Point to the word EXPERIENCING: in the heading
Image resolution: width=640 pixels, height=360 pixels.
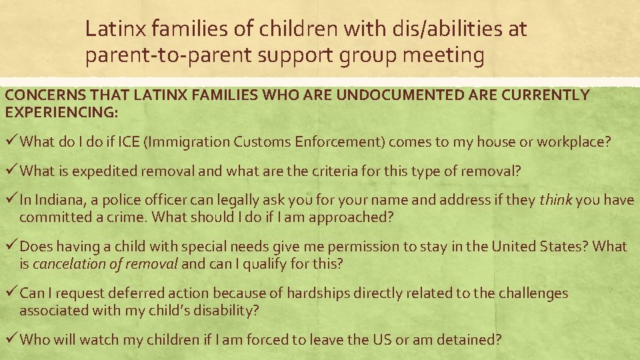coord(61,113)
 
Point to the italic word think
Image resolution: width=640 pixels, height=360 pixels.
coord(556,200)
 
